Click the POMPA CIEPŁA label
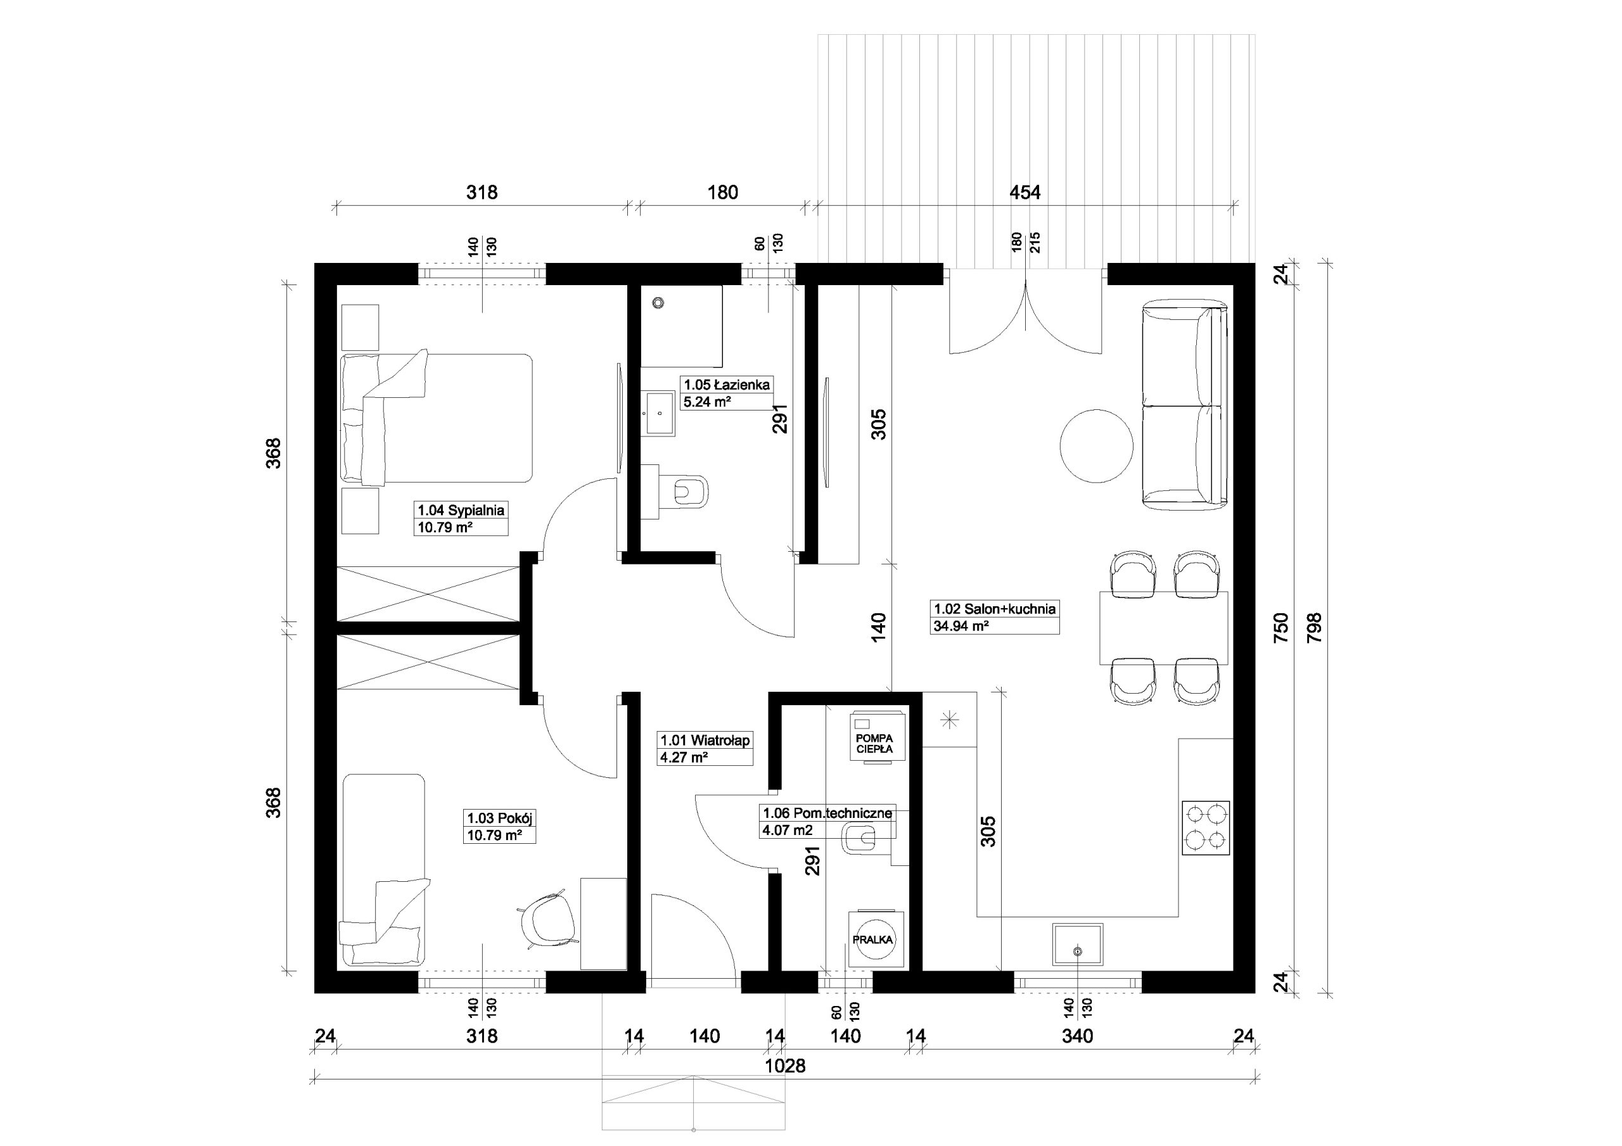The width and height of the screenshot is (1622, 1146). coord(874,744)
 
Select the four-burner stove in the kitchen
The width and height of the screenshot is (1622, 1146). coord(1205,828)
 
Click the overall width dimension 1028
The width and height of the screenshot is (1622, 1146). coord(785,1066)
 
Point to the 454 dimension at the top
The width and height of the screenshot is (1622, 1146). coord(1025,192)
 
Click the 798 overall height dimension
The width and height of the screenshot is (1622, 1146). coord(1314,627)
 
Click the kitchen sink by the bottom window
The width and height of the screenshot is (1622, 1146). coord(1077,944)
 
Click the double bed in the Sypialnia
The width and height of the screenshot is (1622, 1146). coord(437,418)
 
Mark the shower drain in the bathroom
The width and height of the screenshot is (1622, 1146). coord(658,303)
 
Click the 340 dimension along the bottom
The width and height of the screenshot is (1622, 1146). coord(1077,1036)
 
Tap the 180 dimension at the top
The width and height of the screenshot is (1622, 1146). coord(723,192)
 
